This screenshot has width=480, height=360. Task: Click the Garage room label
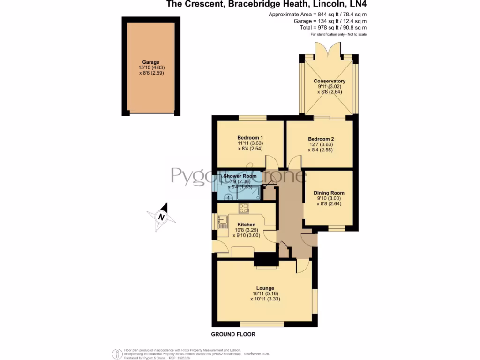click(151, 62)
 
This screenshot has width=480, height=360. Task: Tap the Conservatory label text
click(329, 81)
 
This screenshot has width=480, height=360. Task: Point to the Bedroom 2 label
click(321, 139)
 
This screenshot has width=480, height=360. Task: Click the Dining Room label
click(329, 193)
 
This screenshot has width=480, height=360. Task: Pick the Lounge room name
click(265, 288)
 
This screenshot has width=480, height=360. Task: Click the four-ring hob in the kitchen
click(244, 209)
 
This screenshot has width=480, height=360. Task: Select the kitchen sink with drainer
click(222, 221)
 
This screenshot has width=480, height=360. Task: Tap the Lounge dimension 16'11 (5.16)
click(265, 293)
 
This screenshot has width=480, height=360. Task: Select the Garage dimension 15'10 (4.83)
click(151, 67)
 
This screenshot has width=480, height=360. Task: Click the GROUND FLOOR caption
click(233, 334)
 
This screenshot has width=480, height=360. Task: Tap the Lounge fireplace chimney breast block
click(265, 259)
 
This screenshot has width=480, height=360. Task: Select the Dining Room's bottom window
click(335, 228)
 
